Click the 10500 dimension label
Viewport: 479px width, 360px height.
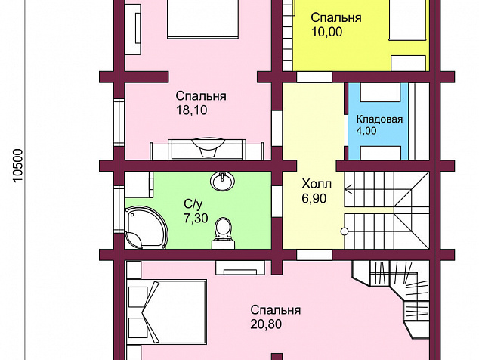18,166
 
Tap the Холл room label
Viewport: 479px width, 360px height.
317,185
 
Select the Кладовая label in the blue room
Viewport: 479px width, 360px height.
379,119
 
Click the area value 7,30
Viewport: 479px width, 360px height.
196,218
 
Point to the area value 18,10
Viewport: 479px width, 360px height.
192,110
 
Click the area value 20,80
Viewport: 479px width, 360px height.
266,324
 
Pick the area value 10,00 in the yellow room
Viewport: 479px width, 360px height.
326,32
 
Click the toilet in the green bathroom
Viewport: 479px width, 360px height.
224,232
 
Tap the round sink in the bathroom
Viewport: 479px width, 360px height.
222,182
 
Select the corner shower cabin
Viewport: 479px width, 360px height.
146,228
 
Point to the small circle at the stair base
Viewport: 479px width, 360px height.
345,231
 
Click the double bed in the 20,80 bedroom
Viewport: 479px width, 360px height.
167,312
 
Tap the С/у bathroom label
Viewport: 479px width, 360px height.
193,203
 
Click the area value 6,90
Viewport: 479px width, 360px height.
314,199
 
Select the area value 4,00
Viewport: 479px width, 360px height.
366,131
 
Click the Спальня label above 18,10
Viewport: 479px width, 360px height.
201,96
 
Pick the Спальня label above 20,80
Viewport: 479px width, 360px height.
276,310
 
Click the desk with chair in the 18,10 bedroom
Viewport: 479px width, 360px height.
206,149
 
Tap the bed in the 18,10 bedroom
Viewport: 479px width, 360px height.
202,19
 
